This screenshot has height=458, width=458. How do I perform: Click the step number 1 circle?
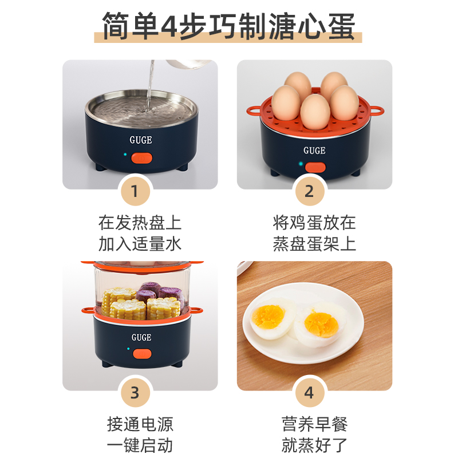point(135,191)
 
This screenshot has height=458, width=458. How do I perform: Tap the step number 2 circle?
point(310,191)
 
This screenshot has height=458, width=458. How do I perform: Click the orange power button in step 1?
point(141,158)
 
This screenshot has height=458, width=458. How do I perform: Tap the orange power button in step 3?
point(142,354)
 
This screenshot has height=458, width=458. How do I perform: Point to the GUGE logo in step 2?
point(314,151)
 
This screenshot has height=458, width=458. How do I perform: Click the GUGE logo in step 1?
point(141,140)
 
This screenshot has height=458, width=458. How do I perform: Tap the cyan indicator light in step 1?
point(125,154)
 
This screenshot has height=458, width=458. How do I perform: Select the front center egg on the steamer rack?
point(315,112)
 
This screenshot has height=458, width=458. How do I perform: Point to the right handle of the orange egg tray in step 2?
point(376,110)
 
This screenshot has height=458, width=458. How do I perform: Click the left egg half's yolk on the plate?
point(268,317)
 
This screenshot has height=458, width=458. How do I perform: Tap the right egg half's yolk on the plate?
point(321,325)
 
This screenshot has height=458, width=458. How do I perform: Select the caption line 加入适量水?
point(140,244)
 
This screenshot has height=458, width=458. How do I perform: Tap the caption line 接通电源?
point(140,424)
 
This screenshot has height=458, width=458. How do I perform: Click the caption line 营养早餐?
point(314,424)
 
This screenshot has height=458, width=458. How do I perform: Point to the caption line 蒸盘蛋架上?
point(314,244)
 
